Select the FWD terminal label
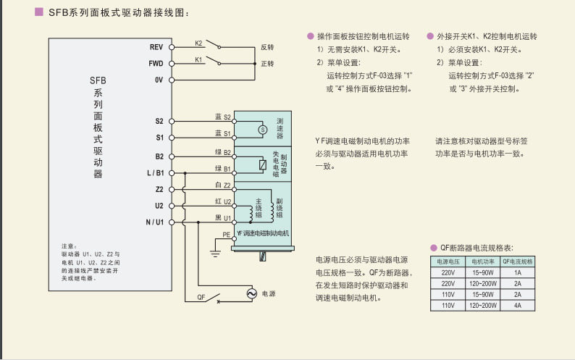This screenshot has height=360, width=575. click(156, 64)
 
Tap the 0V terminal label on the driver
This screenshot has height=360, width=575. click(159, 80)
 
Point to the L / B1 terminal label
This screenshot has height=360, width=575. click(155, 173)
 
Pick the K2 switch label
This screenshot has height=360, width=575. click(198, 43)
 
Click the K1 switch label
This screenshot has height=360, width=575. click(198, 59)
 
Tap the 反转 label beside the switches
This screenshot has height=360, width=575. click(267, 47)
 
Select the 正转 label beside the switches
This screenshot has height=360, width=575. click(267, 64)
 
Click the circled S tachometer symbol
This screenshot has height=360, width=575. click(262, 129)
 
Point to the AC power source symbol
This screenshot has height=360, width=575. click(252, 293)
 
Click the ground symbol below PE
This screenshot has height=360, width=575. click(214, 253)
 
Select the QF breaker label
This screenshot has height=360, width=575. click(201, 297)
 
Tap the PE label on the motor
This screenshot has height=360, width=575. click(226, 235)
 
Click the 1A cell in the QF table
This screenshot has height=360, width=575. click(518, 272)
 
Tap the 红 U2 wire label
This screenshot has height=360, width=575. click(222, 201)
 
